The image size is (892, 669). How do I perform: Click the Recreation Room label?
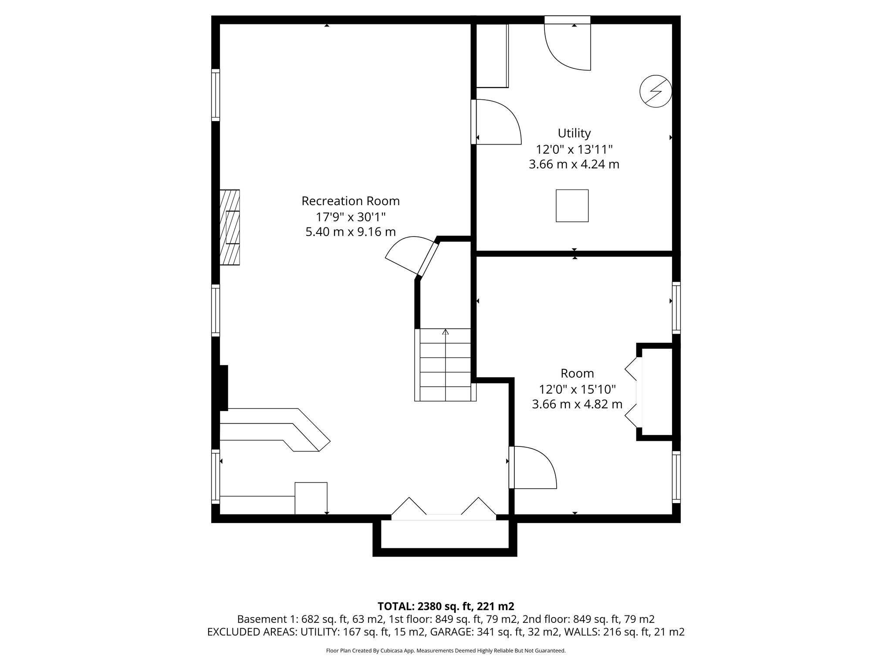coord(350,201)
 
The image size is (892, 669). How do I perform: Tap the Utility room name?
coord(574,133)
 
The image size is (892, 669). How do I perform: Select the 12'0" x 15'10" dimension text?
coord(577,389)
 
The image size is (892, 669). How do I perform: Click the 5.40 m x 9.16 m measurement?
coord(350,232)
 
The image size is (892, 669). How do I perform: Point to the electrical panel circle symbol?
coord(655,91)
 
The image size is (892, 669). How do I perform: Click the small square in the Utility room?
coord(572,206)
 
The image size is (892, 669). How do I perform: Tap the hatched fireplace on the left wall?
coord(230,227)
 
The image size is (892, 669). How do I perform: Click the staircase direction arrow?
coord(445,333)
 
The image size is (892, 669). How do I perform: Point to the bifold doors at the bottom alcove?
coord(443,509)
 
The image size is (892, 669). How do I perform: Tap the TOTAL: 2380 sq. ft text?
coord(446,606)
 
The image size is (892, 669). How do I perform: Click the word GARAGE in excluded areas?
coord(448,632)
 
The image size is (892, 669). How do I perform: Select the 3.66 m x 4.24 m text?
coord(574,165)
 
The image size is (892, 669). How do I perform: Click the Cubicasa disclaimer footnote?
coord(446,651)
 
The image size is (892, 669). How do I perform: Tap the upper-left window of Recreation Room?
coord(216,95)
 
